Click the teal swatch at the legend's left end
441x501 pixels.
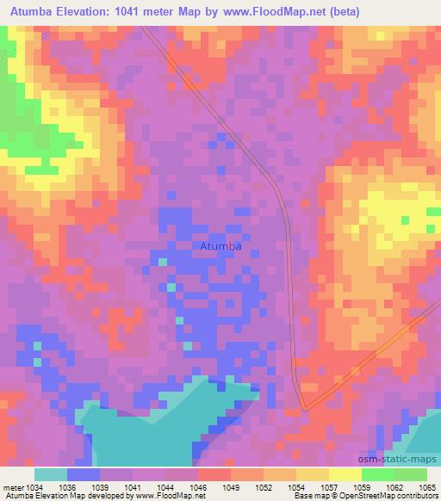[x=51, y=475]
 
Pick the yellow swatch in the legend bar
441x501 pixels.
[x=345, y=475]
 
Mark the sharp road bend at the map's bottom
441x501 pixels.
[x=304, y=407]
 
